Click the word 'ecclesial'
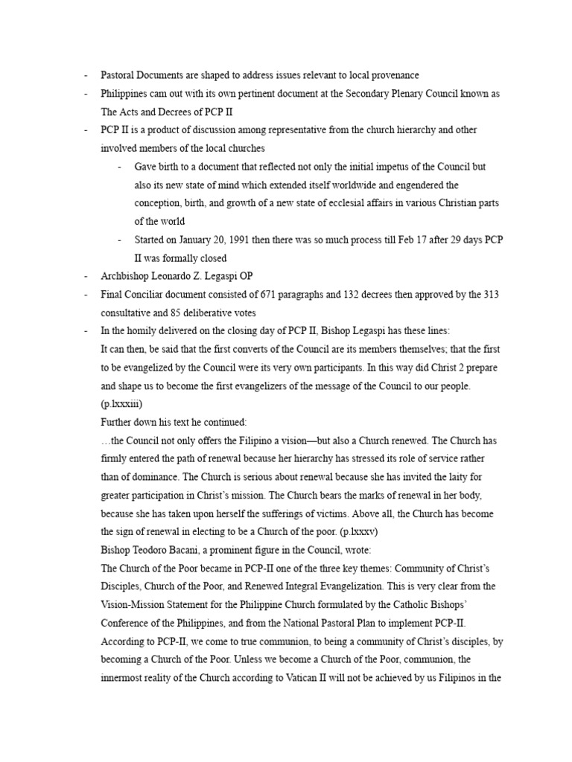pos(347,203)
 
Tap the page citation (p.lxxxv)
pos(393,532)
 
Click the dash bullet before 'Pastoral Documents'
pos(86,75)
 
